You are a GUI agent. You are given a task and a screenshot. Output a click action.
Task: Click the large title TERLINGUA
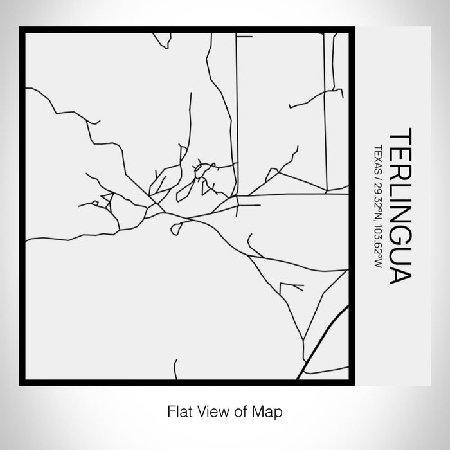[400, 206]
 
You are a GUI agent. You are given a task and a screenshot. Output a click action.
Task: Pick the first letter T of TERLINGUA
[400, 136]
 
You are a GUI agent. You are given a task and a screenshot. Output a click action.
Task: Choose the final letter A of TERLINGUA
[400, 274]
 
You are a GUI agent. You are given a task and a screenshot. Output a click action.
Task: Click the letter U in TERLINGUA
[400, 253]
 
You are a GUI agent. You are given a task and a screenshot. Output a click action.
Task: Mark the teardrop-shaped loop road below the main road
[176, 227]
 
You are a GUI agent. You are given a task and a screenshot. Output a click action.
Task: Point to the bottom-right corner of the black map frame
[353, 383]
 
